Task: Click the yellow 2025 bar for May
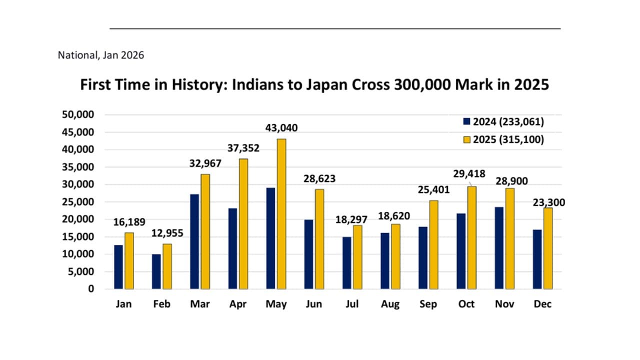[x=281, y=214]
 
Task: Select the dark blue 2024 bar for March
[x=194, y=241]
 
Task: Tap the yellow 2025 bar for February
[x=167, y=266]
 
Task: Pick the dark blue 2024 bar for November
[x=499, y=248]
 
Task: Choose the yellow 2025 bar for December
[x=548, y=248]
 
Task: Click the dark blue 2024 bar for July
[x=347, y=263]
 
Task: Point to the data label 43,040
[x=281, y=128]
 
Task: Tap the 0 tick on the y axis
[x=90, y=289]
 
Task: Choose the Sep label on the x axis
[x=428, y=304]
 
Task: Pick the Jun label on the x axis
[x=314, y=304]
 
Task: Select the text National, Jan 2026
[x=101, y=55]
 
